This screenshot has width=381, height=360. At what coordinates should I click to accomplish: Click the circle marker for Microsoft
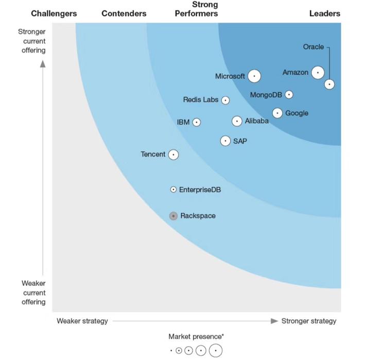[x=254, y=76]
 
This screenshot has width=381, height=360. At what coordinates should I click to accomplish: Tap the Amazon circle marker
[x=318, y=73]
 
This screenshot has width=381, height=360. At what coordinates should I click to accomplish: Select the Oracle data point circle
[x=330, y=84]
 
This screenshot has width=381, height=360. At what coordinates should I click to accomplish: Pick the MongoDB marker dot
[x=289, y=94]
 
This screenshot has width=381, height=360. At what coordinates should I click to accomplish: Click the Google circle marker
[x=278, y=113]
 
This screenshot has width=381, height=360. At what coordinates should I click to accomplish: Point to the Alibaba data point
[x=237, y=121]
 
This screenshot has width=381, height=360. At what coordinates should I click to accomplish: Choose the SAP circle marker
[x=226, y=141]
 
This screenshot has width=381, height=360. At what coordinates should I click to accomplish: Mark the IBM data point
[x=196, y=122]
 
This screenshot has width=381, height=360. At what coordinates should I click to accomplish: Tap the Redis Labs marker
[x=226, y=100]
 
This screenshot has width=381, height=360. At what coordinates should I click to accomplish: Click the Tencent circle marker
[x=174, y=154]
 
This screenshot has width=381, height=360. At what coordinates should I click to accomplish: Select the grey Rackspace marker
[x=174, y=216]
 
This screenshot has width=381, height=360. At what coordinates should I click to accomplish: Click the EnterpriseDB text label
[x=200, y=190]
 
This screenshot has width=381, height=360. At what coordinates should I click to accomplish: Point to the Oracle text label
[x=313, y=47]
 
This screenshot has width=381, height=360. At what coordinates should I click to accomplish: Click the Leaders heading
[x=325, y=13]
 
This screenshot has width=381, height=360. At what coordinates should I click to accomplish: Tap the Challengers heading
[x=54, y=13]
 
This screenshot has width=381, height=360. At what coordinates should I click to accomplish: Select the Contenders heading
[x=124, y=13]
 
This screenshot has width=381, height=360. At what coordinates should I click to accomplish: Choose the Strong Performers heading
[x=196, y=9]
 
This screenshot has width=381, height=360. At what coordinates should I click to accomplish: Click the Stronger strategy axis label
[x=308, y=321]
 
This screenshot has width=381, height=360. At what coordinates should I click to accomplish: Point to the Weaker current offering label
[x=33, y=293]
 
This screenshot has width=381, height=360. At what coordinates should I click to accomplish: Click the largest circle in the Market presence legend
[x=215, y=351]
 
